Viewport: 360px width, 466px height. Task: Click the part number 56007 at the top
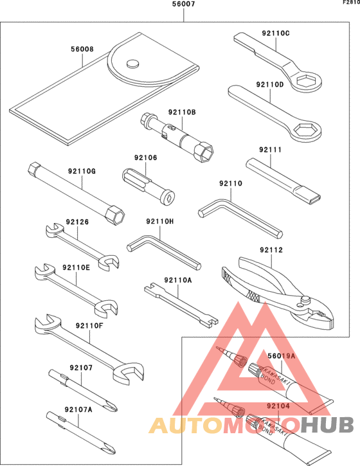pos(184,5)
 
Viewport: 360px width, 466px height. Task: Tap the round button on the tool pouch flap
pos(134,63)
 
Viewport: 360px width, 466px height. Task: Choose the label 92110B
pos(182,112)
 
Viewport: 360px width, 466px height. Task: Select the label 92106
pos(146,157)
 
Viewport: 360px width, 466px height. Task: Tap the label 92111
pos(271,150)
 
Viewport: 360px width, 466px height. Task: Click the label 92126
pos(75,222)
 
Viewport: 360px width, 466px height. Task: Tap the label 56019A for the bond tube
pos(281,355)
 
